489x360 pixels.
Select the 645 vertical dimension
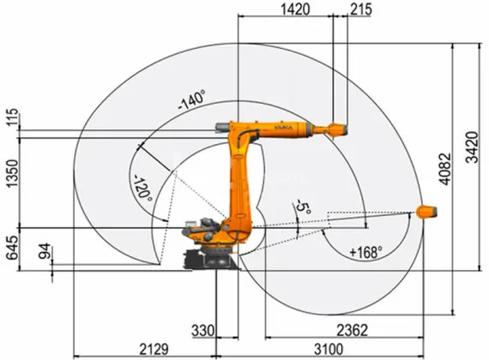coord(11,246)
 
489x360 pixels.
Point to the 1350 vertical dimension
coord(11,177)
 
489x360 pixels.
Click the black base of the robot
coord(210,258)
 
